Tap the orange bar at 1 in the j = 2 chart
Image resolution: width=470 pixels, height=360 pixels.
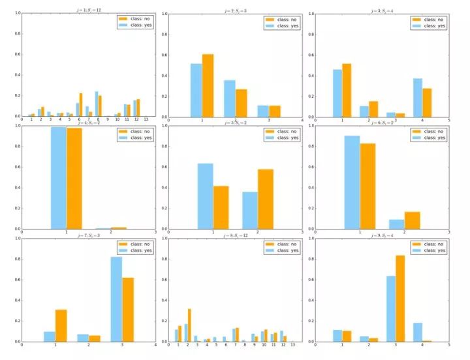click(x=208, y=85)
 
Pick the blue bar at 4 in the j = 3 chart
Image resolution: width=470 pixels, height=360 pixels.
click(x=417, y=98)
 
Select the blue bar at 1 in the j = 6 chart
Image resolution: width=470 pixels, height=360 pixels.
click(x=352, y=182)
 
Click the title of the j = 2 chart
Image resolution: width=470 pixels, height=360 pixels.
click(x=234, y=9)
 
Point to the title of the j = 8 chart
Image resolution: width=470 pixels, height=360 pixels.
click(x=234, y=233)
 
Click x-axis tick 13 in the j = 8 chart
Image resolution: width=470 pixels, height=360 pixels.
click(x=293, y=345)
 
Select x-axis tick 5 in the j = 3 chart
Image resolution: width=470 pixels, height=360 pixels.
click(x=449, y=121)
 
